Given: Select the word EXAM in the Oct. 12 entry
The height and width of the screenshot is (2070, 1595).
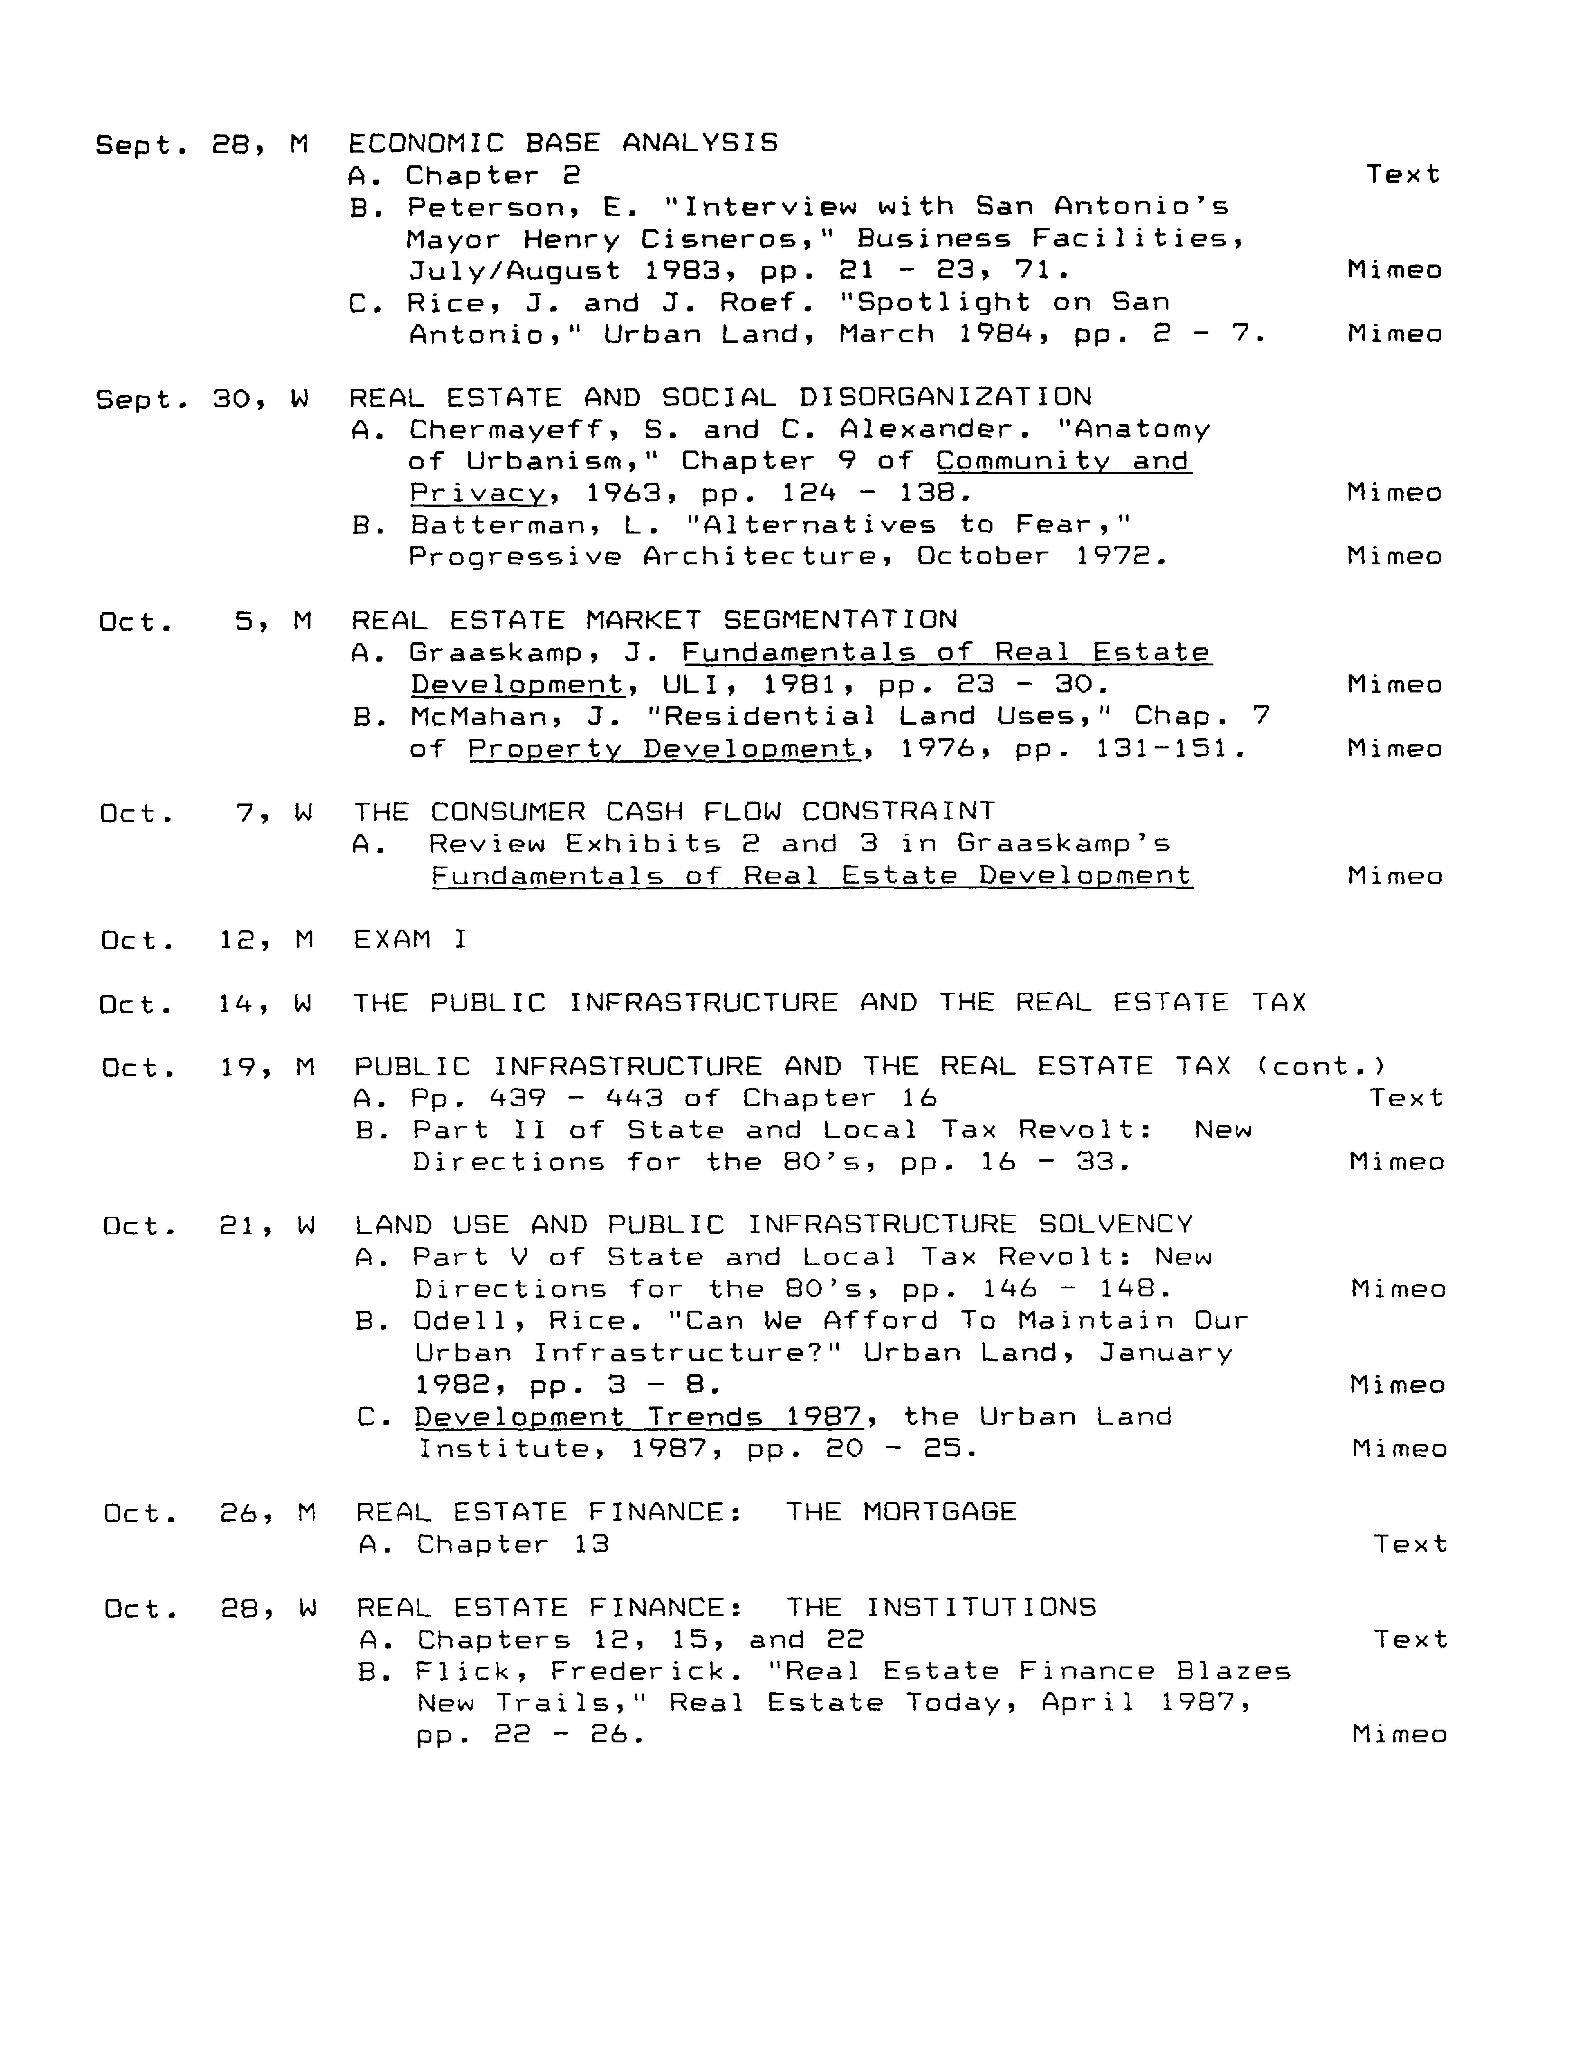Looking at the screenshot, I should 392,939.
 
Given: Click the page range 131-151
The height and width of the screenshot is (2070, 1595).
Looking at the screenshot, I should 1169,749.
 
